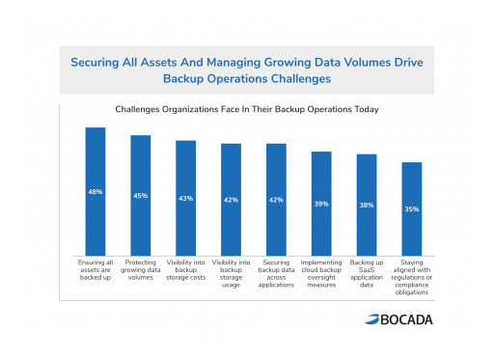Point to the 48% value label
(x=95, y=191)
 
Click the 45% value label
(x=140, y=195)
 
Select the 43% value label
(x=185, y=198)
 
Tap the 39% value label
(x=321, y=204)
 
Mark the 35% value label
(x=412, y=208)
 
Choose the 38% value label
(x=367, y=205)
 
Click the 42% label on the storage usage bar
(x=231, y=200)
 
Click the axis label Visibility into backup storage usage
(x=231, y=273)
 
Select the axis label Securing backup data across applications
(x=276, y=273)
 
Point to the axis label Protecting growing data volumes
(x=140, y=269)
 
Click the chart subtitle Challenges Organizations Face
(x=247, y=110)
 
